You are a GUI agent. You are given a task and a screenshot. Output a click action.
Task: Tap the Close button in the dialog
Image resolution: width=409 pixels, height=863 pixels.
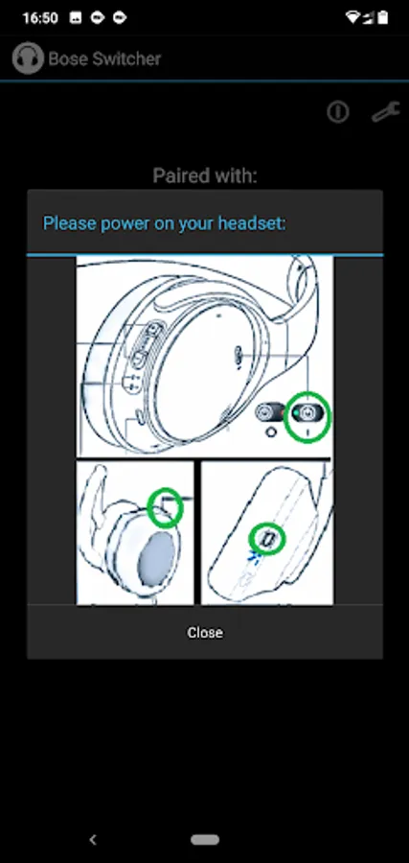pos(205,633)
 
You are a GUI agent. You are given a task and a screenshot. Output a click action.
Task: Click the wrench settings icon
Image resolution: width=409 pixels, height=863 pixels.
pos(385,112)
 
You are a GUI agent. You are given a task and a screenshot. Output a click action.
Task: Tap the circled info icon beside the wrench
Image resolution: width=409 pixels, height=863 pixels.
pos(337,112)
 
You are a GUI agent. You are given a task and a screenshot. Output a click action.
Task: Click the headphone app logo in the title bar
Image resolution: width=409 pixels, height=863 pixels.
pos(28,58)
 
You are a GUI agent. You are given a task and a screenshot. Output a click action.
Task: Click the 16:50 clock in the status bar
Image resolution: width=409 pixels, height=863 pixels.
pos(40,18)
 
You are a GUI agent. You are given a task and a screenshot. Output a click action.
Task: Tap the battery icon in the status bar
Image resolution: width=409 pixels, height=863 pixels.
pos(382,17)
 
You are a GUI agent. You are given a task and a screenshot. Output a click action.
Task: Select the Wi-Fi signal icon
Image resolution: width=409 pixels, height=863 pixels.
pos(352,17)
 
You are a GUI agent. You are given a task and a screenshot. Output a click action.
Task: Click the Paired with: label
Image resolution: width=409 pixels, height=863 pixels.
pos(205,175)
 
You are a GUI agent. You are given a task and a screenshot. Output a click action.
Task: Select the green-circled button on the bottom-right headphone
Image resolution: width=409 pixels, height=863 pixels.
pos(266,539)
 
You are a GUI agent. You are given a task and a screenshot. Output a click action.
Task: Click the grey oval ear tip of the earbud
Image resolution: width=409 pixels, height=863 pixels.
pos(156,563)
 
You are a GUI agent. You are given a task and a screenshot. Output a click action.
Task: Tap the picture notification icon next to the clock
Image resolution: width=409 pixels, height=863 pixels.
pos(76,18)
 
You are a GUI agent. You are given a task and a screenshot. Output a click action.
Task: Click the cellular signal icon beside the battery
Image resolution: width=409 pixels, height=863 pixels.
pos(368,18)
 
